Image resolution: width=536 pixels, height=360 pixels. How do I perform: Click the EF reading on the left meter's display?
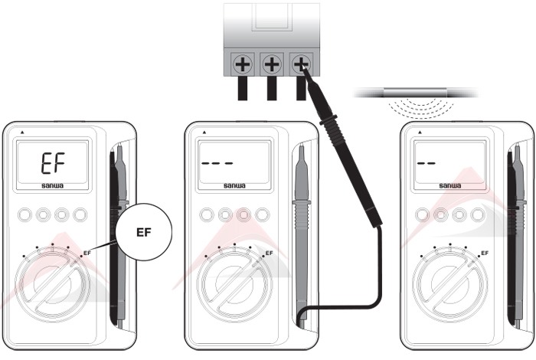coord(54,163)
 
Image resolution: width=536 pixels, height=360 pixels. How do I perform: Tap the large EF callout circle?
coord(144,232)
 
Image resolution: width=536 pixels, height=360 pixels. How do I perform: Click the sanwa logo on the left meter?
coord(53,185)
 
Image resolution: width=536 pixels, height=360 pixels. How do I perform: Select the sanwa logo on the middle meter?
coord(234,185)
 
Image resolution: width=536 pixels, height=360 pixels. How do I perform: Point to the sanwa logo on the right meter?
coord(450,185)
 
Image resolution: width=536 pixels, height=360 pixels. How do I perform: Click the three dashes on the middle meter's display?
coord(217,163)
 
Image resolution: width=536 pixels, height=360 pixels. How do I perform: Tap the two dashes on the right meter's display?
coord(427,163)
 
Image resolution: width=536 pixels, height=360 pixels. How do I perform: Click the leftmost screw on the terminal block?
coord(243,64)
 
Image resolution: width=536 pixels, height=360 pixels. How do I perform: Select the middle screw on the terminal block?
coord(272,64)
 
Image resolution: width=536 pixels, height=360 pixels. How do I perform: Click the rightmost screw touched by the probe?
coord(301,64)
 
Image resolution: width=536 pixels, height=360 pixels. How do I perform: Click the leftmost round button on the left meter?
coord(25,215)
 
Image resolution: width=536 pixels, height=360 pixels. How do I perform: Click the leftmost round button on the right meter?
coord(422,215)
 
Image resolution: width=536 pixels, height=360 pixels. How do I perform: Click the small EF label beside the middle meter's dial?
coord(270,253)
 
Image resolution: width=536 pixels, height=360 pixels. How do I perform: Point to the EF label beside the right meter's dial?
coord(485,253)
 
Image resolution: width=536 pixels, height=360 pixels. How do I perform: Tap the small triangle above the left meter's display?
coord(22,132)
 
